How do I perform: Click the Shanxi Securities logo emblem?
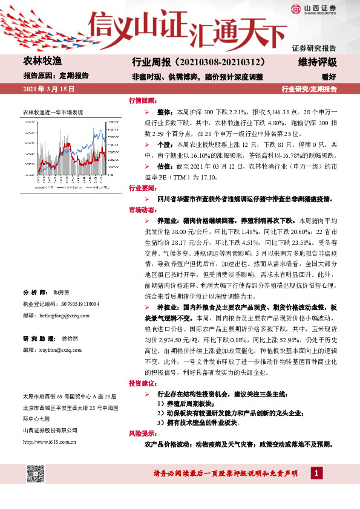tap(296, 8)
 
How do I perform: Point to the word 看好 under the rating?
tap(329, 77)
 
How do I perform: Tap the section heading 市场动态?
tap(142, 209)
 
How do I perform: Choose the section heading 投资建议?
tap(142, 384)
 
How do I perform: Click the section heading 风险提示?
tap(142, 433)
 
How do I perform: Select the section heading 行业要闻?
tap(142, 187)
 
